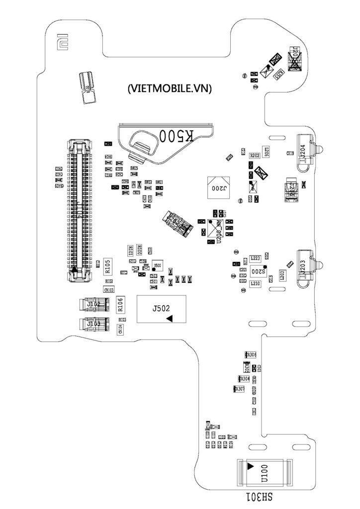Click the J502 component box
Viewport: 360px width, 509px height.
click(161, 309)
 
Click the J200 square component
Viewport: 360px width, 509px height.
click(219, 188)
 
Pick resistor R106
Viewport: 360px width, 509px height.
click(120, 304)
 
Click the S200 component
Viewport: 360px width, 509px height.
click(257, 271)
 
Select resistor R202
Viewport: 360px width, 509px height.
click(255, 156)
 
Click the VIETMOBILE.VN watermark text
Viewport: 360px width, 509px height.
click(170, 89)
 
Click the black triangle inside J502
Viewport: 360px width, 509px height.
click(170, 318)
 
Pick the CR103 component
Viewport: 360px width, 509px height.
click(108, 289)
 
